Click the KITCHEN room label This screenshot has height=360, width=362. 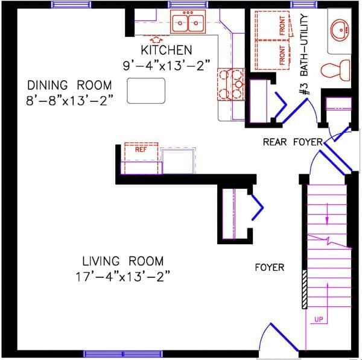coord(166,50)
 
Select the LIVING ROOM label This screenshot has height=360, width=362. coord(123,261)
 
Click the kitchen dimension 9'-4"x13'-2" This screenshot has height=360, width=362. coord(166,65)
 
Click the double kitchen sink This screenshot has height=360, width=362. coord(188,23)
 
